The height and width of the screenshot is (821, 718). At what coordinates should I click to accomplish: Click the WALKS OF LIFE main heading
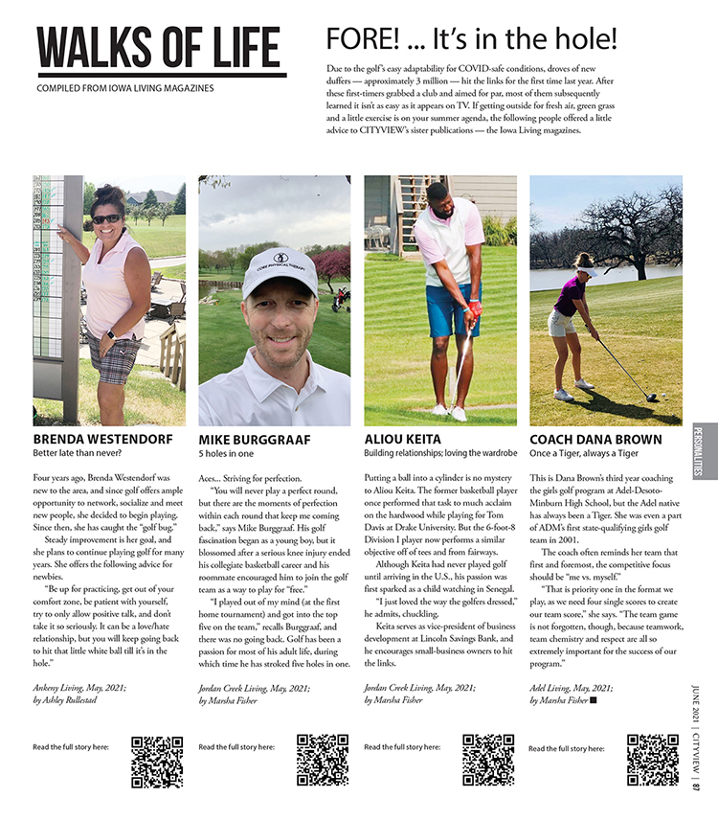(159, 47)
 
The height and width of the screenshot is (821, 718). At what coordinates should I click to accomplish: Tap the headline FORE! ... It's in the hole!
(471, 39)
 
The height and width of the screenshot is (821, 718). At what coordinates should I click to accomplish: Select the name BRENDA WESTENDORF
(102, 440)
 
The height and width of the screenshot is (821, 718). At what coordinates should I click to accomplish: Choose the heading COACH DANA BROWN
(595, 440)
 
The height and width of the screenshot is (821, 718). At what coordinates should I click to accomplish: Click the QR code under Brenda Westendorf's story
(157, 761)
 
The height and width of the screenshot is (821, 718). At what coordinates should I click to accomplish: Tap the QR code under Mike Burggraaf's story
(323, 761)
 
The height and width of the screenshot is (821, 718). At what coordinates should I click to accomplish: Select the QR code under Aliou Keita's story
(488, 761)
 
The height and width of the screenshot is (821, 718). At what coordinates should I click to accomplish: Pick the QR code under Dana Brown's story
(653, 761)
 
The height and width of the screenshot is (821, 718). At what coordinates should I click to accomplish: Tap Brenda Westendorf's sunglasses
(106, 219)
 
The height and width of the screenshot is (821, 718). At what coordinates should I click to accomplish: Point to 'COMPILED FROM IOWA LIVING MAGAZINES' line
(124, 89)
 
